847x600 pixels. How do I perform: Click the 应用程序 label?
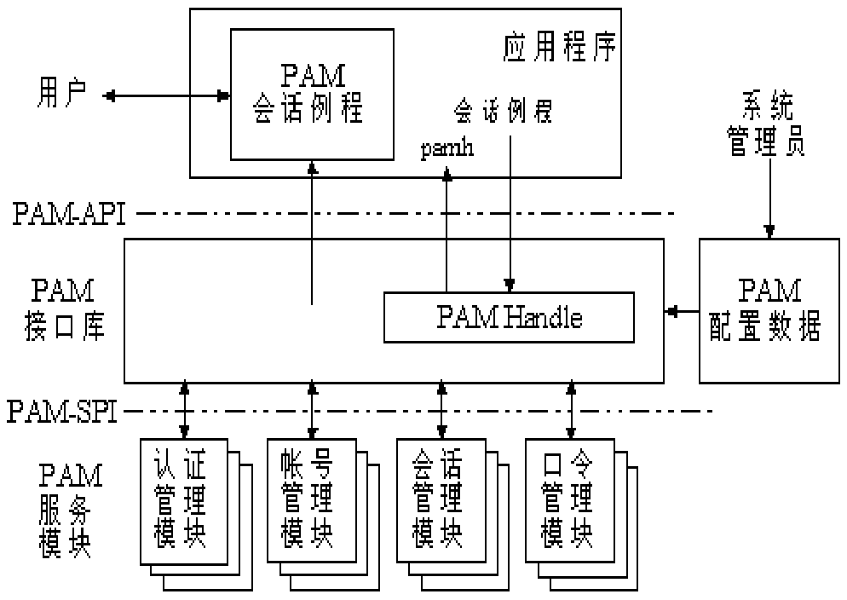click(559, 49)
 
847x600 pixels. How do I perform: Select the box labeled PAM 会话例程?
click(312, 94)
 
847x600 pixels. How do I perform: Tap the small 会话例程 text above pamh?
click(504, 112)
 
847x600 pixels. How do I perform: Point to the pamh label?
click(447, 149)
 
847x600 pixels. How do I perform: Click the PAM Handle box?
click(509, 318)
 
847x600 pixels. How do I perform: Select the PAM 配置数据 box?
click(769, 310)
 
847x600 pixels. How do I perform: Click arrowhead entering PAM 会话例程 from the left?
click(223, 95)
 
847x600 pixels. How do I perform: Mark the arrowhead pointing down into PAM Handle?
click(510, 286)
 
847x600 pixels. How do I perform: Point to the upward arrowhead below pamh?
click(447, 173)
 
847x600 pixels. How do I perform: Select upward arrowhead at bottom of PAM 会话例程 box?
click(313, 167)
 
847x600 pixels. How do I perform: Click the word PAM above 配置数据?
click(769, 291)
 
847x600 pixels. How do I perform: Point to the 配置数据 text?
click(765, 328)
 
